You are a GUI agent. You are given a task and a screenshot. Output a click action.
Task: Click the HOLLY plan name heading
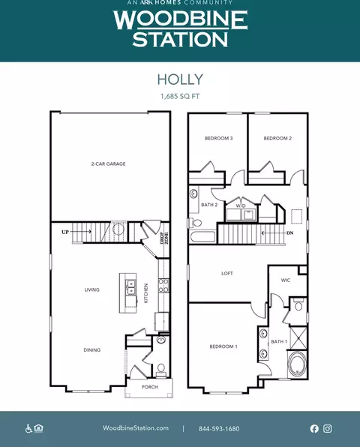click(x=180, y=79)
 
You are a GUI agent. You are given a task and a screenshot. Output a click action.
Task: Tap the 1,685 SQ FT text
click(x=180, y=96)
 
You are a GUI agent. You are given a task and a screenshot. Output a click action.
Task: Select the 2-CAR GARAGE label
click(x=108, y=164)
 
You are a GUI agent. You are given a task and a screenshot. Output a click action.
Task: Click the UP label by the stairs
click(x=65, y=232)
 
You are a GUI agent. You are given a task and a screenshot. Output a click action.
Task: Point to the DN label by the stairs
click(x=290, y=233)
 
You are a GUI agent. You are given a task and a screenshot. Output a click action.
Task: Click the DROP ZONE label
click(x=164, y=238)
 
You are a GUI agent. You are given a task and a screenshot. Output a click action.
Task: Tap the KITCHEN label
click(x=146, y=293)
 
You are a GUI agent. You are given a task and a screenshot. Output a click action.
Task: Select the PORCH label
click(x=150, y=387)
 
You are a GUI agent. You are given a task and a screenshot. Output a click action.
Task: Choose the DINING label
click(x=92, y=349)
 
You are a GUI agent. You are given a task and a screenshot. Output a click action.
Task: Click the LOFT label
click(x=227, y=274)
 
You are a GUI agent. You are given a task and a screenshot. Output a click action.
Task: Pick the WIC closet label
click(x=286, y=280)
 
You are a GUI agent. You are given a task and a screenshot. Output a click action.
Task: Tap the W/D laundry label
click(x=241, y=205)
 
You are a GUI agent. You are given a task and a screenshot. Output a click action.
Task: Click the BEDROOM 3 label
click(x=218, y=138)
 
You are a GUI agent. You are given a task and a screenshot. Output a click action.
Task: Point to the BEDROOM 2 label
click(x=277, y=138)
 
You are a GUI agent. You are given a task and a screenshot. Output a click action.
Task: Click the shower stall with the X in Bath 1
click(x=298, y=337)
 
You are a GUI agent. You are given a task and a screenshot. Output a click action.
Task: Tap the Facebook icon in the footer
click(x=314, y=428)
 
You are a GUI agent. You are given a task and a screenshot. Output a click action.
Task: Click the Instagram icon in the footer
click(x=328, y=428)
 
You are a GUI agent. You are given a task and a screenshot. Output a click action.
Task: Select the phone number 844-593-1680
click(x=219, y=428)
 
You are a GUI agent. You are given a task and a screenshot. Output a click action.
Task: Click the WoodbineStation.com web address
click(x=136, y=428)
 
